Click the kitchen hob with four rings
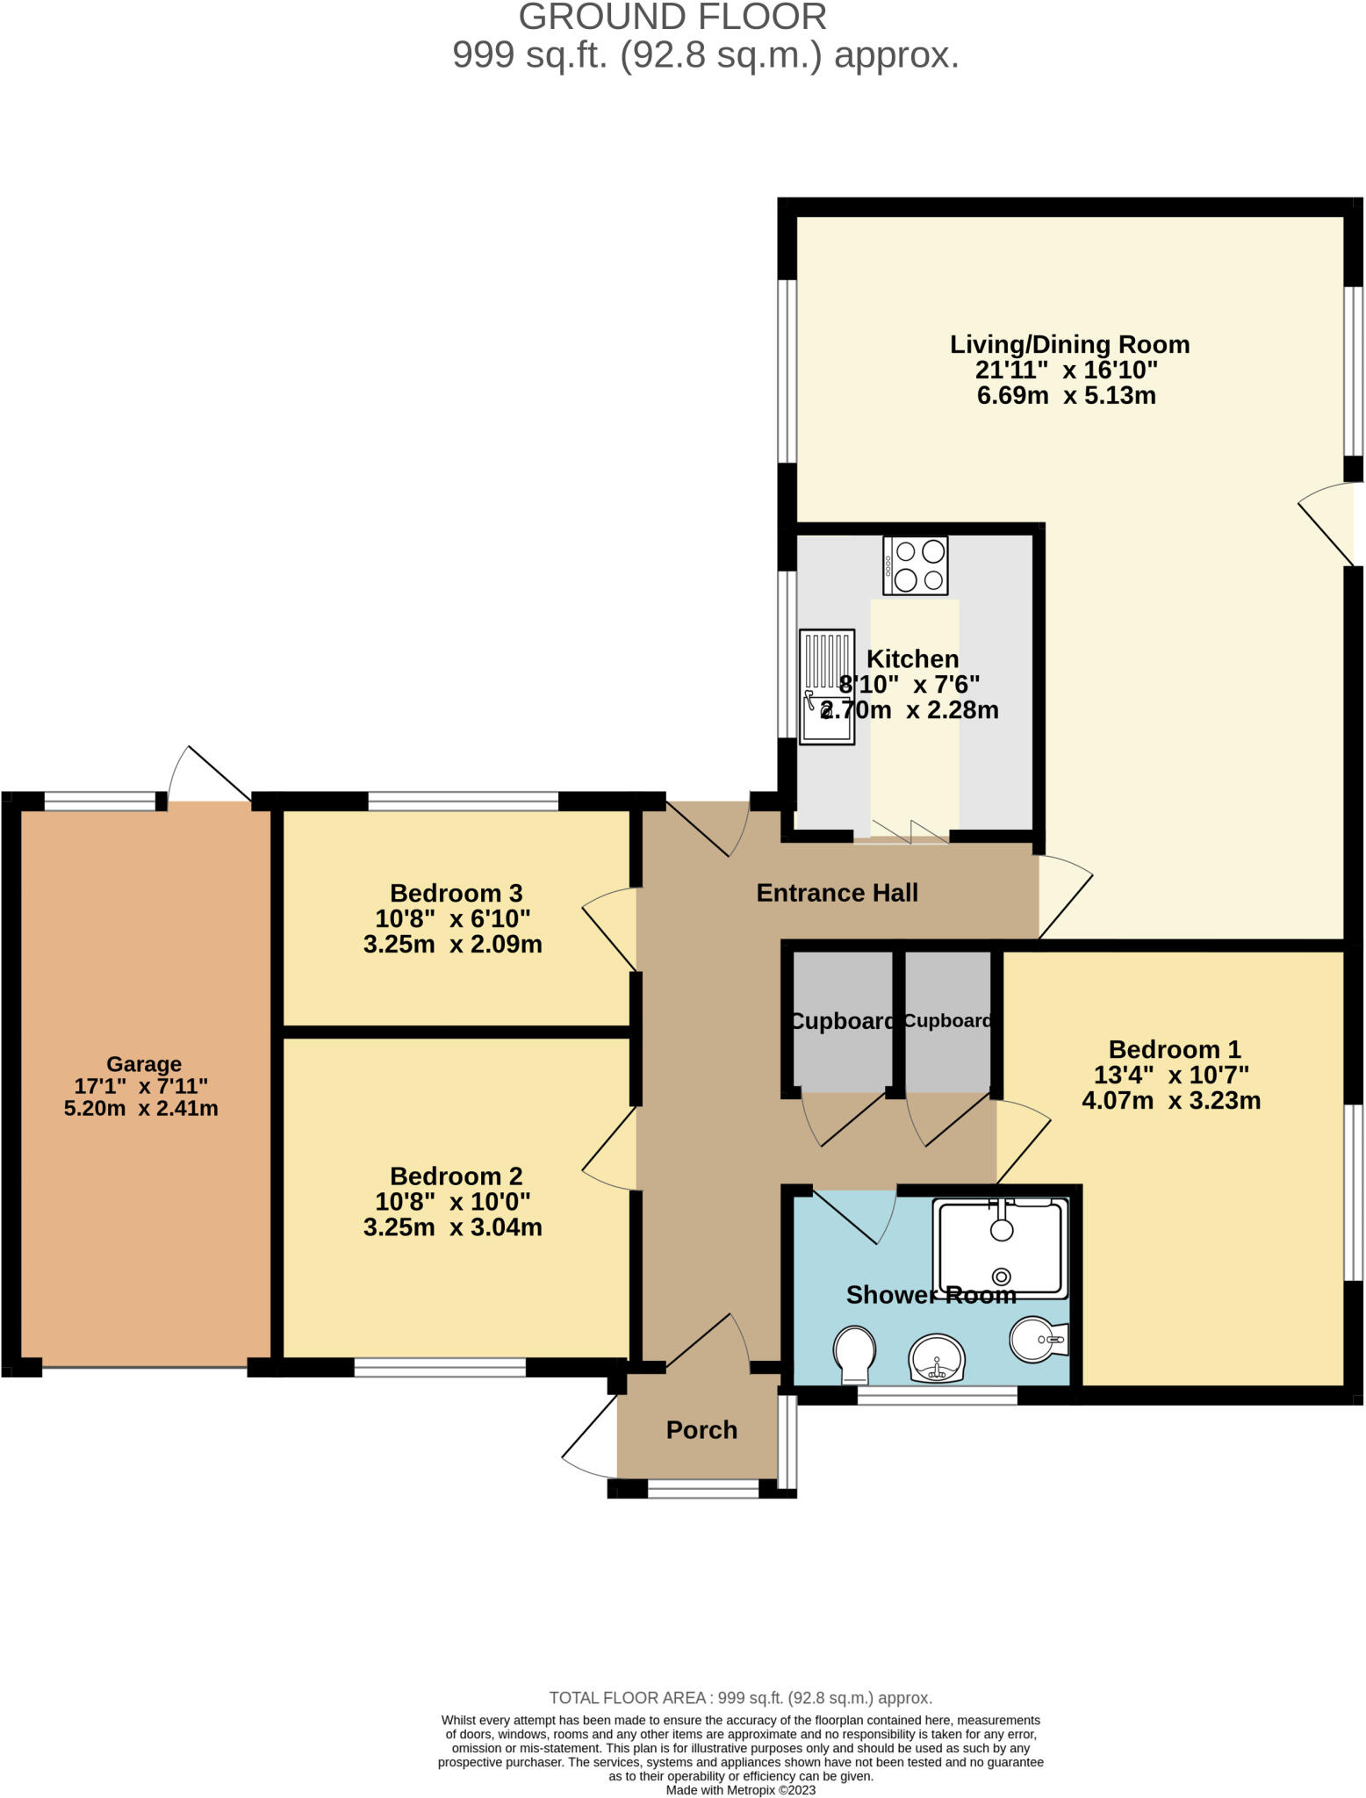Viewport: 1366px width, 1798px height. [916, 565]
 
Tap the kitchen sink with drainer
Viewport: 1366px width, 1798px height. [826, 687]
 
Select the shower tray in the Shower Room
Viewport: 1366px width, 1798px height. [1002, 1248]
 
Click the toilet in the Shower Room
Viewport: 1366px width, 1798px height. [854, 1352]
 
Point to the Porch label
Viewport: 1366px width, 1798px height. [701, 1430]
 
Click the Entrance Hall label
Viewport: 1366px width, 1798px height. [837, 893]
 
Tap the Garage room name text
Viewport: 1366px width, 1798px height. [144, 1065]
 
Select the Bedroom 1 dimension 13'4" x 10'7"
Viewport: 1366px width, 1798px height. [1171, 1075]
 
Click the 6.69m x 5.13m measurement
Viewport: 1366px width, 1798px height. [1066, 395]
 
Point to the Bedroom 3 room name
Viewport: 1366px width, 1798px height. [456, 893]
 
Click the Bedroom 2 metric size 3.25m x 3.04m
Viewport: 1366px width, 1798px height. [452, 1226]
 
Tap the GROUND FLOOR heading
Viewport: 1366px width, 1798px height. [672, 18]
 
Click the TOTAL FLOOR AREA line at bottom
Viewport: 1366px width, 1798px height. [740, 1698]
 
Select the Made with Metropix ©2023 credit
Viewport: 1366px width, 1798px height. [740, 1790]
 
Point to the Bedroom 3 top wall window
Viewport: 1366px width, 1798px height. [463, 801]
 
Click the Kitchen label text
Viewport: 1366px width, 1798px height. [912, 659]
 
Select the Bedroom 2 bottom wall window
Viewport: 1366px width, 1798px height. [440, 1367]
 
